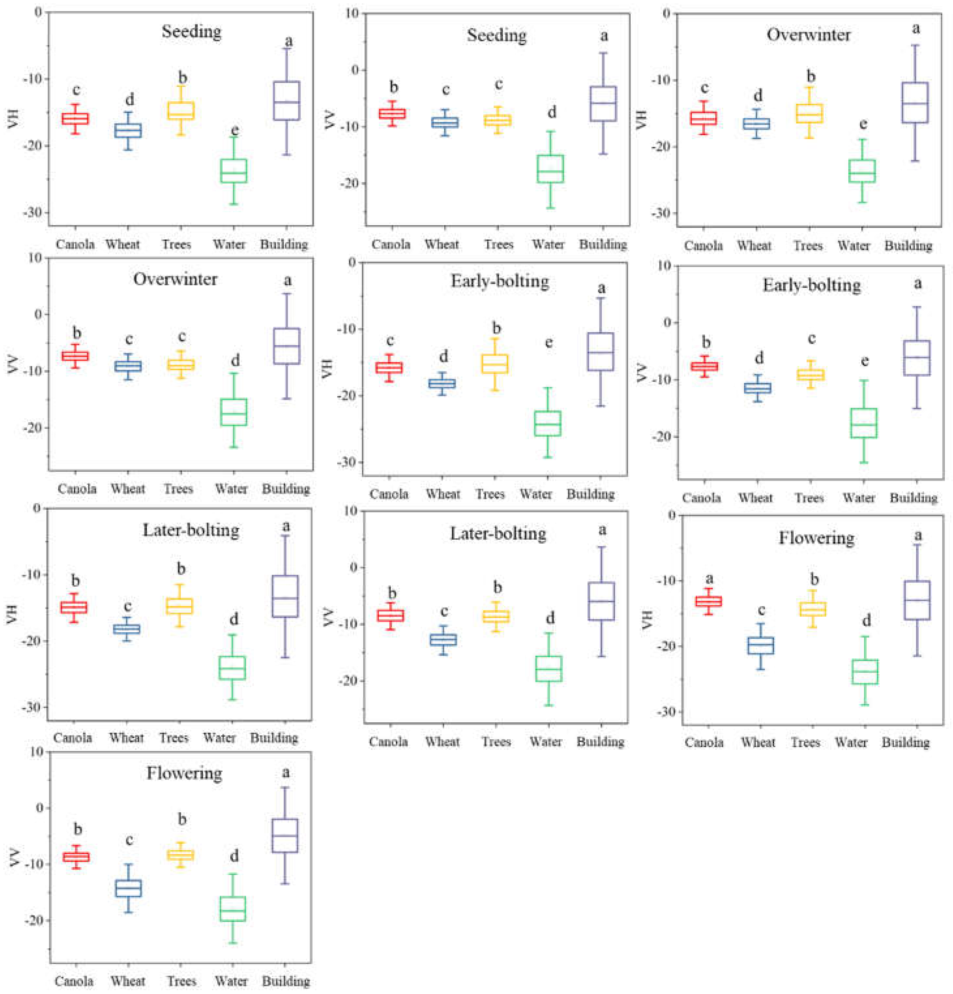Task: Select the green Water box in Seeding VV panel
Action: [x=550, y=169]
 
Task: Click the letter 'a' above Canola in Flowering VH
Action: [x=709, y=579]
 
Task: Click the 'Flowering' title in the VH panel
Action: [x=816, y=537]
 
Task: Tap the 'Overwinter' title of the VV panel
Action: [x=175, y=279]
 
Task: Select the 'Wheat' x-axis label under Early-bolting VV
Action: [x=755, y=498]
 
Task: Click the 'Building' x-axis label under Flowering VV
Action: [x=286, y=981]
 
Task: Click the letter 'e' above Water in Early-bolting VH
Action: [x=549, y=343]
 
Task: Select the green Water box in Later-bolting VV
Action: [x=549, y=669]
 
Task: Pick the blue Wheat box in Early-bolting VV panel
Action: [x=757, y=388]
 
